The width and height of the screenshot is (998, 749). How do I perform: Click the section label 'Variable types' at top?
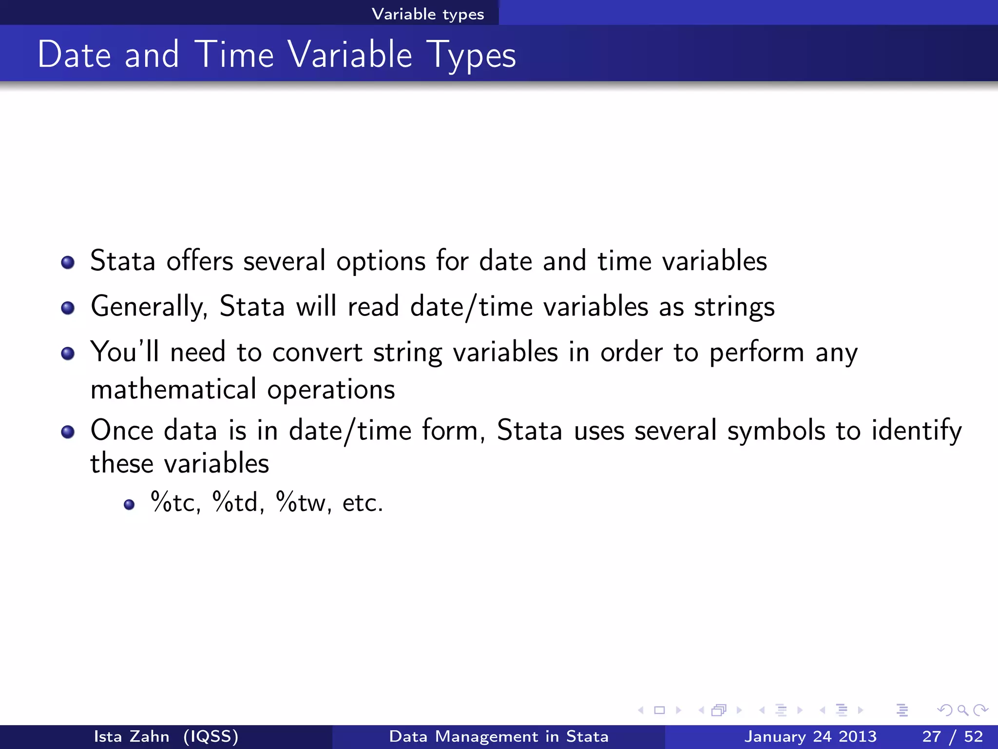pyautogui.click(x=428, y=14)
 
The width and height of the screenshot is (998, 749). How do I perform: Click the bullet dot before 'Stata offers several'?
pyautogui.click(x=68, y=263)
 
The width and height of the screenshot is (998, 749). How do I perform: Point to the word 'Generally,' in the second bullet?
pyautogui.click(x=149, y=307)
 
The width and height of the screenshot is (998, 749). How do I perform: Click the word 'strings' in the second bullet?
pyautogui.click(x=734, y=307)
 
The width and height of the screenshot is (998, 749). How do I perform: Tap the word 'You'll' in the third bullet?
pyautogui.click(x=125, y=352)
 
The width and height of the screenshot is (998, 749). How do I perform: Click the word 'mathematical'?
pyautogui.click(x=173, y=390)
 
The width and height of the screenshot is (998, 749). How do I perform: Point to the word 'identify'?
pyautogui.click(x=916, y=431)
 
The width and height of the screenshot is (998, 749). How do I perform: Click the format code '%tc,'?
pyautogui.click(x=176, y=502)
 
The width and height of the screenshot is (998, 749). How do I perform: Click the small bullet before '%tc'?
pyautogui.click(x=129, y=505)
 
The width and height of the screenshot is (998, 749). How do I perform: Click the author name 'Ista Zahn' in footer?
pyautogui.click(x=132, y=736)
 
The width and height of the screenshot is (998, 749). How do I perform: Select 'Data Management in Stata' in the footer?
pyautogui.click(x=499, y=736)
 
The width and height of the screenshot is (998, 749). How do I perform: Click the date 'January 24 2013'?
pyautogui.click(x=810, y=736)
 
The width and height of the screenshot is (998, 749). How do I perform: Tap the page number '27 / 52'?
pyautogui.click(x=952, y=736)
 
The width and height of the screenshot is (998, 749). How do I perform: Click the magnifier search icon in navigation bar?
pyautogui.click(x=962, y=710)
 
